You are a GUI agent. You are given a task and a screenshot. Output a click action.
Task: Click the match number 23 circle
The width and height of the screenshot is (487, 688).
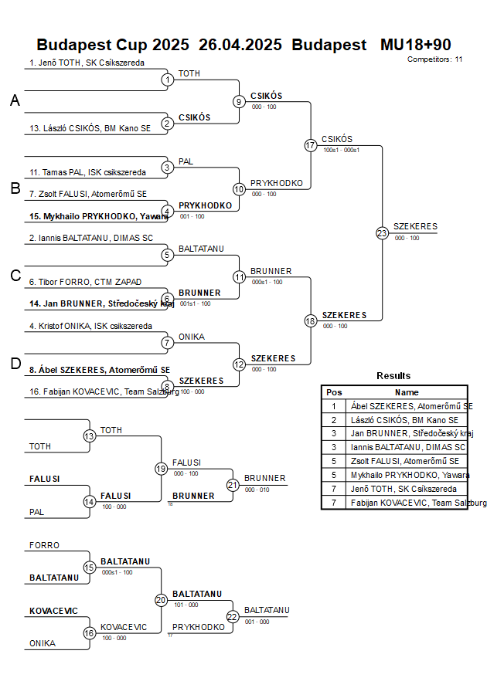pyautogui.click(x=382, y=232)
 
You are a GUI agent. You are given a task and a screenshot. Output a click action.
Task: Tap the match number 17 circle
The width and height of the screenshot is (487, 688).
pyautogui.click(x=311, y=145)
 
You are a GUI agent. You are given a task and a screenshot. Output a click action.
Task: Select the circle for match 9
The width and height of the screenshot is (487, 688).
pyautogui.click(x=239, y=101)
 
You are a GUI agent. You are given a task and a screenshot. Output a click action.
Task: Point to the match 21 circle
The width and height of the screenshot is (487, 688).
pyautogui.click(x=233, y=485)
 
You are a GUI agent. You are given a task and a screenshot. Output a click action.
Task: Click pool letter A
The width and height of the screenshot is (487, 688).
pyautogui.click(x=15, y=100)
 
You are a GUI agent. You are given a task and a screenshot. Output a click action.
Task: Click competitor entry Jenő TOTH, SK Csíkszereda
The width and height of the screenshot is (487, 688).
pyautogui.click(x=87, y=63)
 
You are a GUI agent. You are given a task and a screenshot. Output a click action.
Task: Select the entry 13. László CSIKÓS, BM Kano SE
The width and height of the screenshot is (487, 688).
pyautogui.click(x=90, y=128)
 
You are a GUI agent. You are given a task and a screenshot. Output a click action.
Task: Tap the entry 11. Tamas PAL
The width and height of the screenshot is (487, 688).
pyautogui.click(x=87, y=172)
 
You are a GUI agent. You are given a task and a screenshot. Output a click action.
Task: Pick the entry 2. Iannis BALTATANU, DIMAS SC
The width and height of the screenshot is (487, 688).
pyautogui.click(x=91, y=238)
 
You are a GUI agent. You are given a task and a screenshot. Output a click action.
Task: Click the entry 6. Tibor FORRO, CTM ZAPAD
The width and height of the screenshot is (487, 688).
pyautogui.click(x=85, y=282)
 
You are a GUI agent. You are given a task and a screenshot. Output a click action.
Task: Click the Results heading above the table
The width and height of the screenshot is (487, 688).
pyautogui.click(x=393, y=376)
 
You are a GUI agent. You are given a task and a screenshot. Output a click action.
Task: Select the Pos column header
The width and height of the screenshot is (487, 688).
pyautogui.click(x=334, y=392)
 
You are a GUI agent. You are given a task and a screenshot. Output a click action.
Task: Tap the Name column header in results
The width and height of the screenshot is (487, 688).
pyautogui.click(x=407, y=392)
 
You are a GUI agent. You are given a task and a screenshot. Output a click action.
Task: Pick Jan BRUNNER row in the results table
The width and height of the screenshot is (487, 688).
pyautogui.click(x=407, y=433)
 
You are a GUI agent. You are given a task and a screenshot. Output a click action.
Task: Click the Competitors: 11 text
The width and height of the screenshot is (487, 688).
pyautogui.click(x=434, y=59)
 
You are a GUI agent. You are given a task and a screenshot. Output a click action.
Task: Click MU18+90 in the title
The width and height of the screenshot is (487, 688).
pyautogui.click(x=415, y=45)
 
